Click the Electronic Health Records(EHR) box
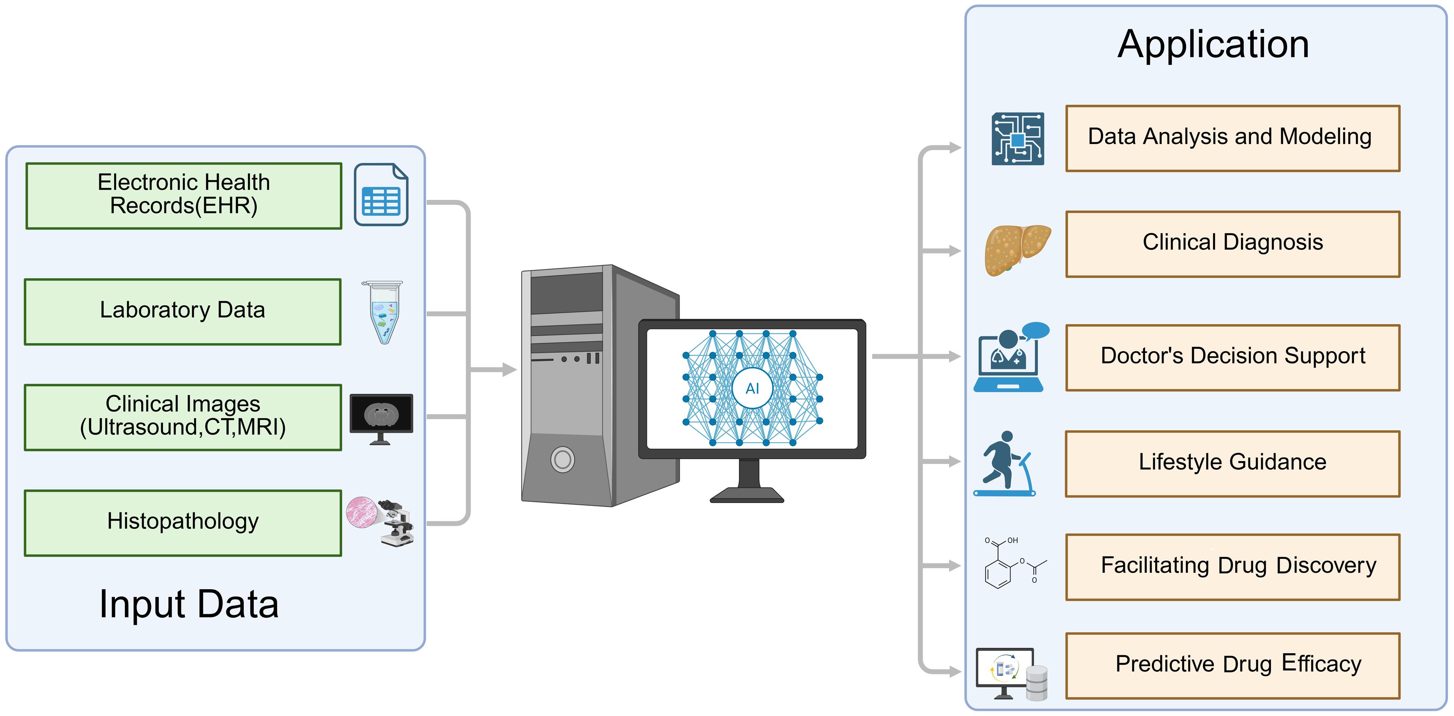click(x=183, y=195)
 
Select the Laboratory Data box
click(x=182, y=311)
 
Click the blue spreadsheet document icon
click(x=381, y=194)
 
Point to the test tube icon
click(x=383, y=312)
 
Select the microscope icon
click(x=395, y=522)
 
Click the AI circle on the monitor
click(x=752, y=388)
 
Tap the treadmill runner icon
click(x=1005, y=464)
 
